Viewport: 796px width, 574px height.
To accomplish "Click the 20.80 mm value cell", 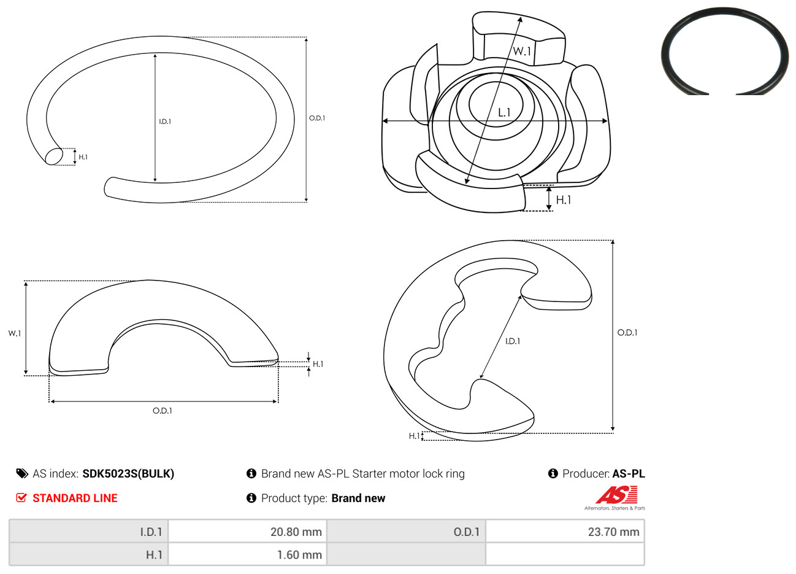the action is (x=248, y=531).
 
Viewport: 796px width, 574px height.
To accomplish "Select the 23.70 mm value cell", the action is (x=565, y=531).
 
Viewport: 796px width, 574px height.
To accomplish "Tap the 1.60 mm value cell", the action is (x=248, y=554).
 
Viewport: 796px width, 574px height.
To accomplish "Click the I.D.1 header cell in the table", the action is (x=88, y=531).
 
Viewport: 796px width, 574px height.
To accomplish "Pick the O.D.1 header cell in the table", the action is (x=406, y=531).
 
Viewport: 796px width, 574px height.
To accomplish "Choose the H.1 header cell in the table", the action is (x=88, y=554).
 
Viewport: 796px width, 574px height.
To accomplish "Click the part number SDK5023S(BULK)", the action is (x=128, y=474).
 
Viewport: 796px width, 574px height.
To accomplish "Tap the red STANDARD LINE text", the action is (x=75, y=498).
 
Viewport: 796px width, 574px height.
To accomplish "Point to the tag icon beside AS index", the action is (x=22, y=474).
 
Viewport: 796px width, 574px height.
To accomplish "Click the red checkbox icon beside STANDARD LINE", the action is (x=21, y=497).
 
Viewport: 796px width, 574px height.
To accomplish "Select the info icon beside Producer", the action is (x=553, y=473).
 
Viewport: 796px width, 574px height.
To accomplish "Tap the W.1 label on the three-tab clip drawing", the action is (x=522, y=51).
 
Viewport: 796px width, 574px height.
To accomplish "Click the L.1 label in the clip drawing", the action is (x=504, y=113).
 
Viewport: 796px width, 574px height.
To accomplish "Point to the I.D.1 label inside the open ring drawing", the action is (x=165, y=122).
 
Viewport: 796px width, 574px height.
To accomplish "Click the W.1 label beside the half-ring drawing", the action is (x=15, y=333).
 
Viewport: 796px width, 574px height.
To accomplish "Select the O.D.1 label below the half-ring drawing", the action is (x=163, y=411).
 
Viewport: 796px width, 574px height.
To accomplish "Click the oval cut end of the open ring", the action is (x=54, y=156).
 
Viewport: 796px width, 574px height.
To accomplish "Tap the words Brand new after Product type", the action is (x=358, y=498).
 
